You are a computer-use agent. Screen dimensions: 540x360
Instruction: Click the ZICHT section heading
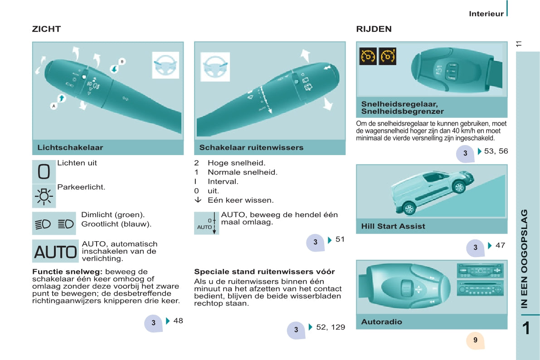click(47, 29)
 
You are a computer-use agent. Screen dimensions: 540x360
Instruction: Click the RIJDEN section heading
click(374, 29)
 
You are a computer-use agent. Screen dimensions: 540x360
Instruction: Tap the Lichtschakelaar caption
click(70, 147)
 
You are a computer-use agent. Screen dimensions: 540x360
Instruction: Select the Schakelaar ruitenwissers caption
click(251, 147)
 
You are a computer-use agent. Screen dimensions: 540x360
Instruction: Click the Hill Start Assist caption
click(393, 226)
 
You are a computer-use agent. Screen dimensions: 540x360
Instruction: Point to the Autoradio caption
click(382, 322)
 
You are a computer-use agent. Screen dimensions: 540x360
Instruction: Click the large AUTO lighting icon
click(55, 252)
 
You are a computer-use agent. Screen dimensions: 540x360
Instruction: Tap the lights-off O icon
click(44, 171)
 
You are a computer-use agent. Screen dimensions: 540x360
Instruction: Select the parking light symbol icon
click(44, 196)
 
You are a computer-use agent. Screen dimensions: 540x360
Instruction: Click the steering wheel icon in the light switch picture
click(165, 65)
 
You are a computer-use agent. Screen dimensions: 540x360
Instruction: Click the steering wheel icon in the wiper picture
click(215, 67)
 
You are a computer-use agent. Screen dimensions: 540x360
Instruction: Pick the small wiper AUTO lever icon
click(207, 223)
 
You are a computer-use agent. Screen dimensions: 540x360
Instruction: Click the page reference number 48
click(178, 321)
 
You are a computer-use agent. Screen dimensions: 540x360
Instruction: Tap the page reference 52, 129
click(331, 327)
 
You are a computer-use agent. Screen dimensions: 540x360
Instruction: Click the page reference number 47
click(501, 245)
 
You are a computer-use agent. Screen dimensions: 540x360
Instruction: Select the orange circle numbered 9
click(475, 341)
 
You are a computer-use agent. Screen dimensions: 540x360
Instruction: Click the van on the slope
click(432, 191)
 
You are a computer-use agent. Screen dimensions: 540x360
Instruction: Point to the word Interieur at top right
click(486, 14)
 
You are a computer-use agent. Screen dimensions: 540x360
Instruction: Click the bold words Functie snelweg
click(68, 272)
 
